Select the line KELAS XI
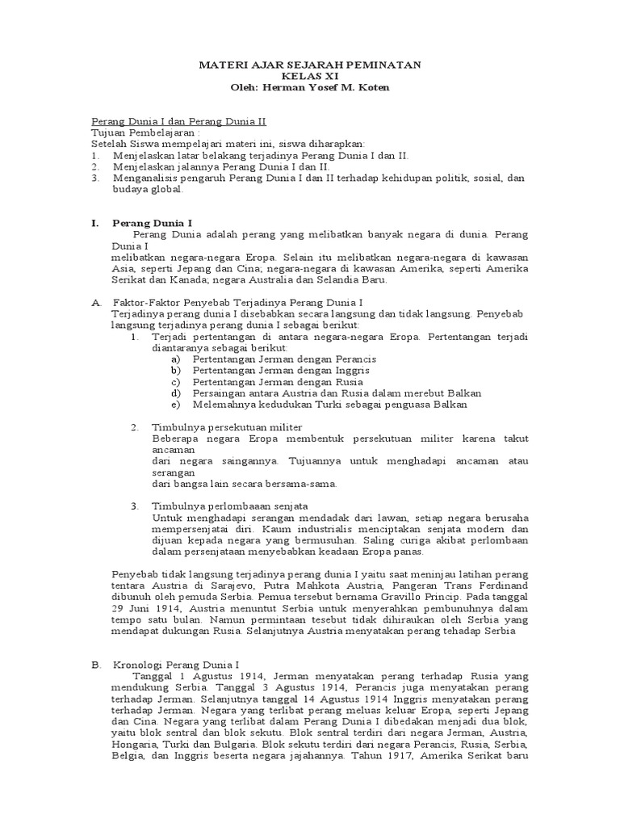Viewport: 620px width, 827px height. pos(309,76)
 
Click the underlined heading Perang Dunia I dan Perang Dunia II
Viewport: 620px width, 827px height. pos(178,121)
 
